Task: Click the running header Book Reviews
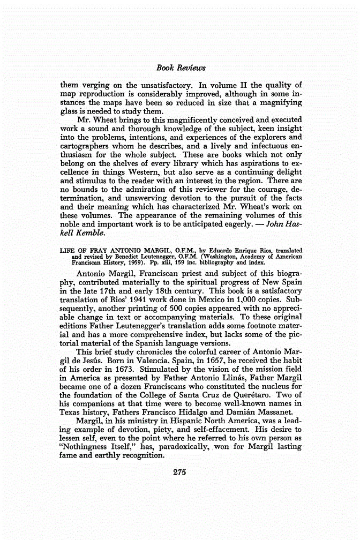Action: click(181, 68)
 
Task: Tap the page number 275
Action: click(179, 472)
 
